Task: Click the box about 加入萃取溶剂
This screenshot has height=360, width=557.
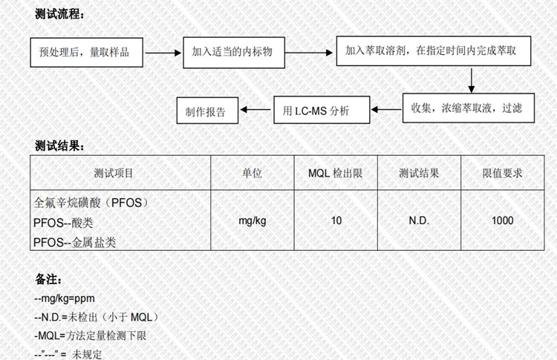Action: point(431,51)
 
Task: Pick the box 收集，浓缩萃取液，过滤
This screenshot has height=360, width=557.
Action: point(466,108)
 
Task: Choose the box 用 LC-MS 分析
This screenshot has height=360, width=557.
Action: point(321,111)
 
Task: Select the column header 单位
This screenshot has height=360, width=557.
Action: point(252,173)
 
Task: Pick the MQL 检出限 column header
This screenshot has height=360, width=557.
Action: point(335,173)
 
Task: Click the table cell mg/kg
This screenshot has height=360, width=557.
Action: point(252,221)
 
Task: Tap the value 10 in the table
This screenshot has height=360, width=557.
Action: point(336,221)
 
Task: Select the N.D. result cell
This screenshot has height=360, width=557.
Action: point(419,221)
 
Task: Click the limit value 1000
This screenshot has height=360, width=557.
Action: point(502,221)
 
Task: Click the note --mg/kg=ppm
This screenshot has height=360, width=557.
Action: point(65,299)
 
